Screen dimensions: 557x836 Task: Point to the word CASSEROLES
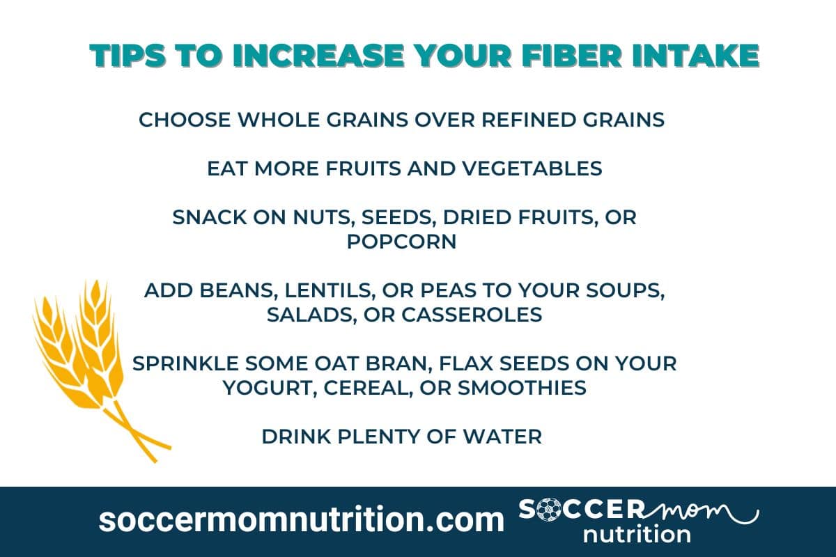point(470,315)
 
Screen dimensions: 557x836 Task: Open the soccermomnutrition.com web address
point(301,520)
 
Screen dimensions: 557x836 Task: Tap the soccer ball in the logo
point(555,510)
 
